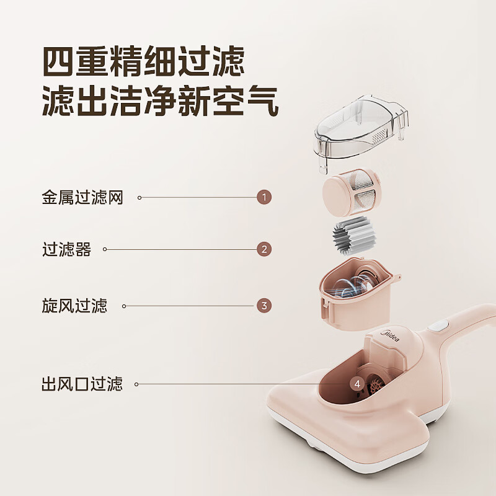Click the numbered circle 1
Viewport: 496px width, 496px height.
click(264, 198)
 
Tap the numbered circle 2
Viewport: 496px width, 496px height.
click(264, 249)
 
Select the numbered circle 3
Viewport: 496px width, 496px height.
click(264, 306)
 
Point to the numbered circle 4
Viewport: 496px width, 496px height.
click(356, 384)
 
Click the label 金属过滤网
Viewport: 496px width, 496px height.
click(82, 198)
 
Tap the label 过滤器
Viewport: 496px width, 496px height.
click(66, 250)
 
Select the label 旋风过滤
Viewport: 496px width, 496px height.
click(74, 306)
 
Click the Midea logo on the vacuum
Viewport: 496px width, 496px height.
click(389, 337)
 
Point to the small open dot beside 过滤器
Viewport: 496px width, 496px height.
click(105, 250)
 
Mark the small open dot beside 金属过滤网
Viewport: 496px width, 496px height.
click(139, 198)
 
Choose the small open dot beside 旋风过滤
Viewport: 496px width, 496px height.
click(124, 306)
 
